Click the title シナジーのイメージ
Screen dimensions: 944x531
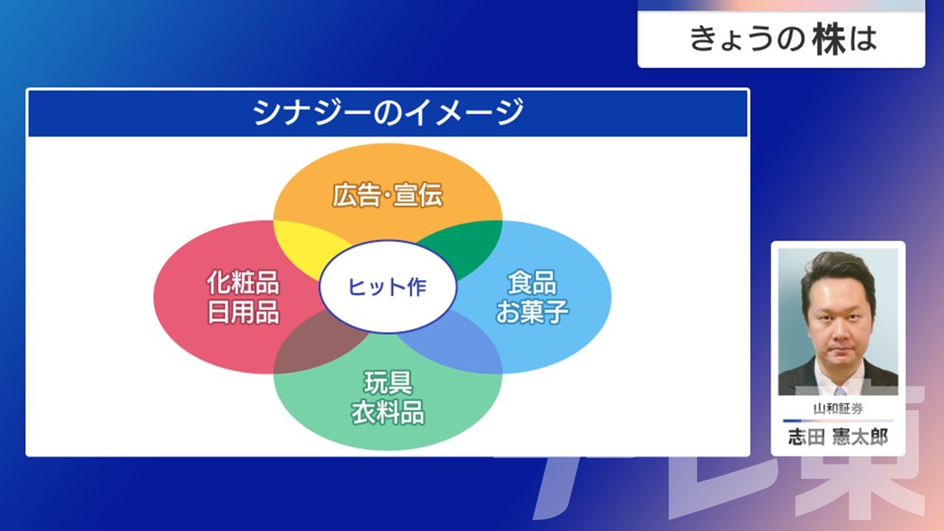388,112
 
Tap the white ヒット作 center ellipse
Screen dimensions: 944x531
388,287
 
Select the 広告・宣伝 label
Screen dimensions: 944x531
388,195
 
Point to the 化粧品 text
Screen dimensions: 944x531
243,282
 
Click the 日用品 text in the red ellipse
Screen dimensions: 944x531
243,312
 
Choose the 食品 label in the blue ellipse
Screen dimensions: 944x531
532,282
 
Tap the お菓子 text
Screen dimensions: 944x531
532,312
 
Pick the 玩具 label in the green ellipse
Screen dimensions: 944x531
388,382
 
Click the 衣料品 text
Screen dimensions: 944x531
388,412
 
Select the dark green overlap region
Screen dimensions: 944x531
468,246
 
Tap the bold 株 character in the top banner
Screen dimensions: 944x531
830,40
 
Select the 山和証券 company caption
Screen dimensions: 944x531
839,409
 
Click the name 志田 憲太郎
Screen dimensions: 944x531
839,437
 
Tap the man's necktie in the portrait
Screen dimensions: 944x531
840,391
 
